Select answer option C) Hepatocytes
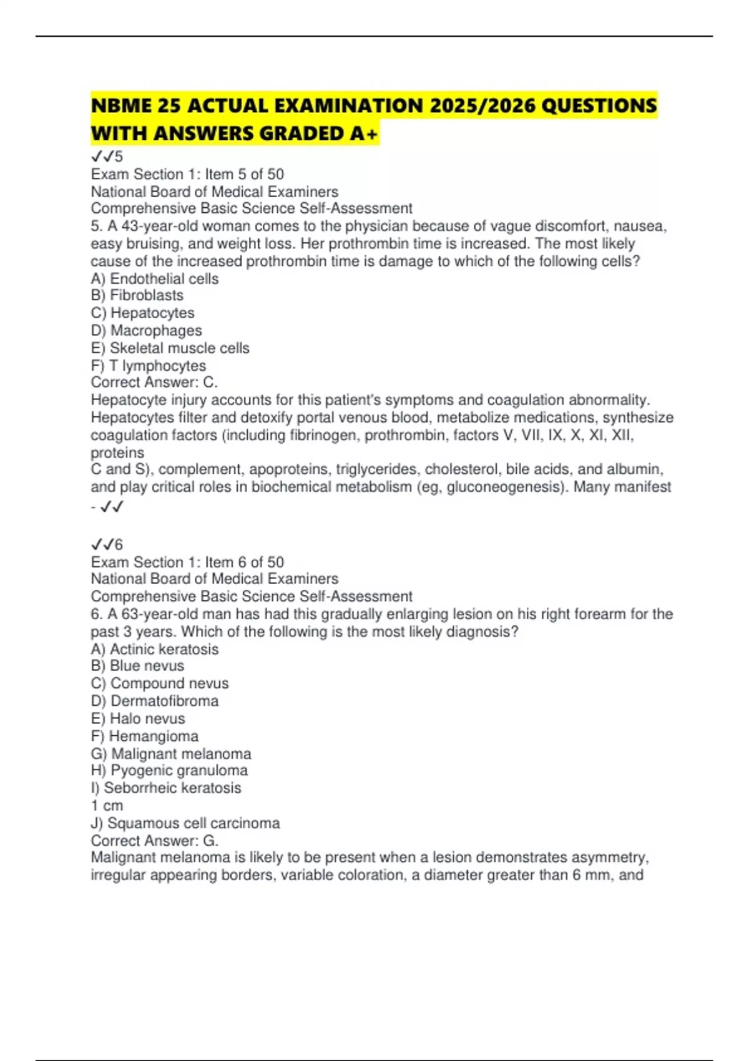[x=142, y=313]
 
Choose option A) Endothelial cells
[x=154, y=278]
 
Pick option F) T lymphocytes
[x=148, y=365]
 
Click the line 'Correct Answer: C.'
[x=154, y=382]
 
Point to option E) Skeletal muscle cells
[x=170, y=348]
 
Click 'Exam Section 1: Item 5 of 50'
[x=187, y=174]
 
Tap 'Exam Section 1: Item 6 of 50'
[x=187, y=562]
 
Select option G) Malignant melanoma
[x=170, y=753]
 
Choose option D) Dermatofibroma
[x=154, y=701]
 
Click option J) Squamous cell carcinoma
[x=185, y=823]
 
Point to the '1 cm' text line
[x=107, y=805]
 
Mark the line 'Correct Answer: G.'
[x=154, y=840]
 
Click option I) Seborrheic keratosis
[x=165, y=788]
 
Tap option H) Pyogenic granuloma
[x=169, y=770]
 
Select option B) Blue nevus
[x=137, y=666]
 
